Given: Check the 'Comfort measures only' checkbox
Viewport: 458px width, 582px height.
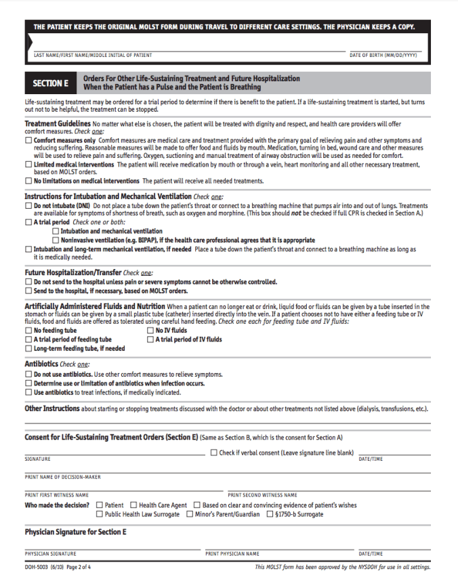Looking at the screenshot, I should (x=28, y=140).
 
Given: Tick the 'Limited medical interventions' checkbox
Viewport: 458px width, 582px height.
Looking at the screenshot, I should (x=28, y=165).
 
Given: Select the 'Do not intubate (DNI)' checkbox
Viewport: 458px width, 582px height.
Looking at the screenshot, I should (x=28, y=205).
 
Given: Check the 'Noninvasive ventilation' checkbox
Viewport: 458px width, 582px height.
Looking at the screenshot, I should (x=56, y=240).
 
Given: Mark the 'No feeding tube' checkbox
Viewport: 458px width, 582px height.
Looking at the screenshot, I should (x=28, y=331).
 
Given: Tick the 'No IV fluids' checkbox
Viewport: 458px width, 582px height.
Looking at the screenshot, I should (x=150, y=331).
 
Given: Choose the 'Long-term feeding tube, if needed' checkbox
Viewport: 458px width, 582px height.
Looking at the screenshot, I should (x=28, y=348).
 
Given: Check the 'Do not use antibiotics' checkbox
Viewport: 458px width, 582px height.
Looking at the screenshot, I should (x=28, y=375).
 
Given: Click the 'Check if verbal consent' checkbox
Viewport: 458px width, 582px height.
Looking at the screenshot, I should (x=214, y=453).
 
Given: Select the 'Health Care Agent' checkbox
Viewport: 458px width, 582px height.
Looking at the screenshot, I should (x=133, y=505).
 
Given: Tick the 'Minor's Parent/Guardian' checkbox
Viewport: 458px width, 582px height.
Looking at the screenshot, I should (x=190, y=514).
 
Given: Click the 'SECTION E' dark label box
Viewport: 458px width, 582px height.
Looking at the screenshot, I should (x=51, y=83).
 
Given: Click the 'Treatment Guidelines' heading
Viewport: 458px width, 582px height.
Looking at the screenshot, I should (x=58, y=124).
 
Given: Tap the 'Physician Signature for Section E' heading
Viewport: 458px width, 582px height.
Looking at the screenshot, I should (x=75, y=532).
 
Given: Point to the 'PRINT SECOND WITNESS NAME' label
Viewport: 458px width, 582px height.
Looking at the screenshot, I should (x=262, y=495).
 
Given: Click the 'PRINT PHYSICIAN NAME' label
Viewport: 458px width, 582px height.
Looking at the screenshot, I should (x=232, y=554).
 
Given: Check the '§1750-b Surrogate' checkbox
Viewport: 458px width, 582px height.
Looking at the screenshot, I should (x=269, y=514).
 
